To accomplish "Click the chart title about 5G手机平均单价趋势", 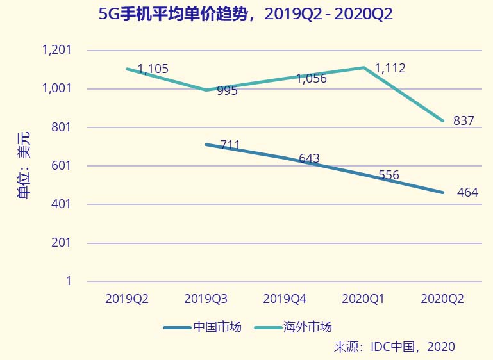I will [246, 14].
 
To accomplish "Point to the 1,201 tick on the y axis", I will [56, 50].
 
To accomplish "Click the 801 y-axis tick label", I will [61, 127].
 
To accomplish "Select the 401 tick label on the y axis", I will [61, 204].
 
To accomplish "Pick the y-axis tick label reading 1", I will [68, 281].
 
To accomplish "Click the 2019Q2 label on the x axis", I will [127, 299].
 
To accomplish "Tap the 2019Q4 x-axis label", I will [285, 299].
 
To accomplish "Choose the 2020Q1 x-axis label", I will [363, 299].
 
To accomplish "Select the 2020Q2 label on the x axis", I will [442, 299].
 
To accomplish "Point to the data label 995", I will [227, 90].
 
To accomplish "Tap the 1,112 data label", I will [390, 68].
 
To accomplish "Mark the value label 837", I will [464, 120].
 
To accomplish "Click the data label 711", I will [230, 145].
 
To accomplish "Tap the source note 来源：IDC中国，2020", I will [394, 347].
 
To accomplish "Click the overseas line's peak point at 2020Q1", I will [363, 67].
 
